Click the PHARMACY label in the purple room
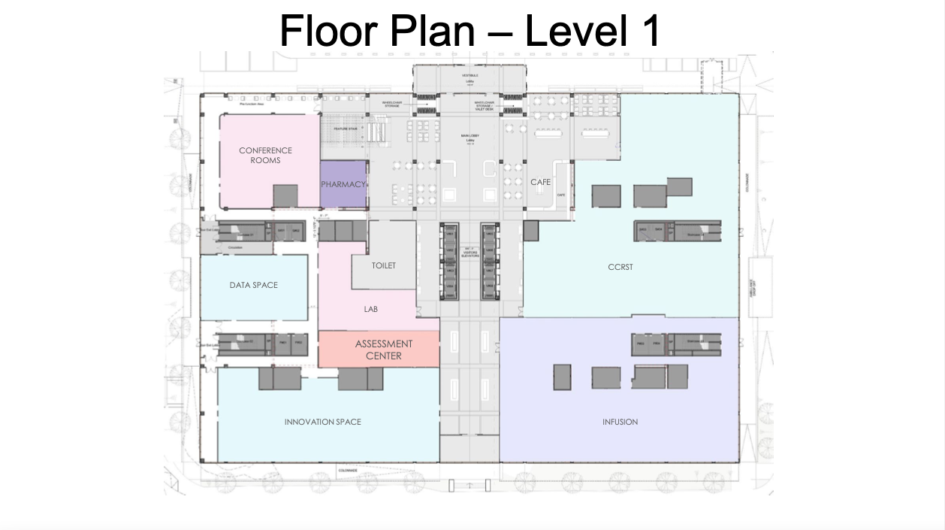pos(343,184)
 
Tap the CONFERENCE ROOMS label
pos(265,155)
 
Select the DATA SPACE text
pos(253,285)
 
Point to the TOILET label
pos(383,265)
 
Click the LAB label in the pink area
pos(370,309)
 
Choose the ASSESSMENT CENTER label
pos(384,350)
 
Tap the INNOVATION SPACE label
pos(322,422)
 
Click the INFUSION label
pos(620,422)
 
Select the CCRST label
pos(620,267)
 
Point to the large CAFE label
pos(540,182)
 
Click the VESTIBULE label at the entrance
pos(469,76)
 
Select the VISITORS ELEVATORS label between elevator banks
pos(469,253)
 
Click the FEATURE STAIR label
pos(343,129)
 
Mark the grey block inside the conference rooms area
pos(285,195)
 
